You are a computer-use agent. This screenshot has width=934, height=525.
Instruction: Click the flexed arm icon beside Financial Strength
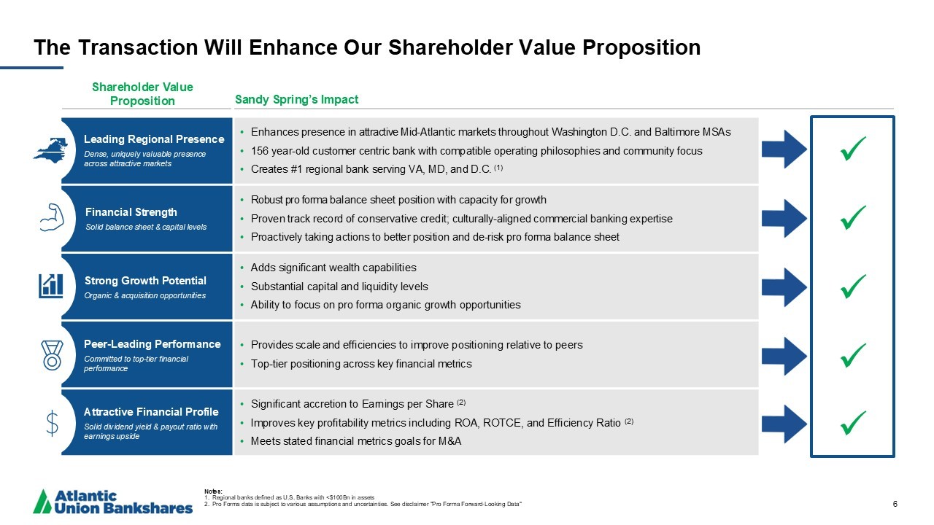pyautogui.click(x=52, y=217)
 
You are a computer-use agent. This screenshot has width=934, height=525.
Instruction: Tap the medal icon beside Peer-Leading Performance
pyautogui.click(x=52, y=355)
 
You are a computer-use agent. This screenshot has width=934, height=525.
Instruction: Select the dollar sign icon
pyautogui.click(x=52, y=424)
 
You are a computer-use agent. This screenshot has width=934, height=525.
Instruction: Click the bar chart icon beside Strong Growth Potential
pyautogui.click(x=51, y=286)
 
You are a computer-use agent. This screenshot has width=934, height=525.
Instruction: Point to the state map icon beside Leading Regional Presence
pyautogui.click(x=50, y=149)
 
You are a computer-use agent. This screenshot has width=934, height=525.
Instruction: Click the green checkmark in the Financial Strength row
pyautogui.click(x=853, y=217)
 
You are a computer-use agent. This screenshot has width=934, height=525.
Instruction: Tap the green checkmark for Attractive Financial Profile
pyautogui.click(x=853, y=423)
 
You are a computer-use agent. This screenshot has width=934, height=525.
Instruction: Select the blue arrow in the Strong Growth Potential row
pyautogui.click(x=784, y=287)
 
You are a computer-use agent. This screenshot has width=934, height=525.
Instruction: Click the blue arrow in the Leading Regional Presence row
pyautogui.click(x=784, y=149)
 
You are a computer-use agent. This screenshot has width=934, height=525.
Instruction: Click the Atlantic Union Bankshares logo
pyautogui.click(x=112, y=501)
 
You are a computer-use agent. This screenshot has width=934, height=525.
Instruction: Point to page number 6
pyautogui.click(x=895, y=504)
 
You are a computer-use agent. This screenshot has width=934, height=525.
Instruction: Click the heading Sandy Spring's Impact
pyautogui.click(x=296, y=100)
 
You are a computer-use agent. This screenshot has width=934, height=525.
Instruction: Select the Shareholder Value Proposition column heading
pyautogui.click(x=142, y=94)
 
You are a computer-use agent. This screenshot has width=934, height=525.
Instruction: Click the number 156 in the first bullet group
pyautogui.click(x=260, y=151)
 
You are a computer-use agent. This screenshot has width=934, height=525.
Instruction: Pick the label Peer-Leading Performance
pyautogui.click(x=153, y=344)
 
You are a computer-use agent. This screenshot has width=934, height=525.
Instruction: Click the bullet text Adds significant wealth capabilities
pyautogui.click(x=333, y=268)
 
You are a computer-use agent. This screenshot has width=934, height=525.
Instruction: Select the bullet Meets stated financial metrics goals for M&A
pyautogui.click(x=356, y=441)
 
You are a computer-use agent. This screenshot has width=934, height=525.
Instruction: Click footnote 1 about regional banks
pyautogui.click(x=290, y=497)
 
